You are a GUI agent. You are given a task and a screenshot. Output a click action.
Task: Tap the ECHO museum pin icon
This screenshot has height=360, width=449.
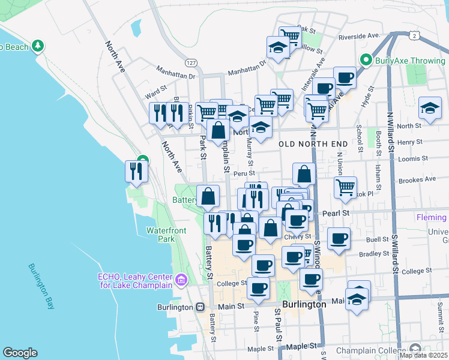pos(181,280)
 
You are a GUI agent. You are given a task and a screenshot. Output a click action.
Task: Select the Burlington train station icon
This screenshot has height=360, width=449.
pos(200,307)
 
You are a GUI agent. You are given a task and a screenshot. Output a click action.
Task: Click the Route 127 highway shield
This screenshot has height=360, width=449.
pos(191,62)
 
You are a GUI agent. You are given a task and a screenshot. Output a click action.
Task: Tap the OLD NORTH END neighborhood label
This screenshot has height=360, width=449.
pos(313,144)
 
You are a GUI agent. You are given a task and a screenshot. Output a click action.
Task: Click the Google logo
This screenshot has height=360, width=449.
pos(20,353)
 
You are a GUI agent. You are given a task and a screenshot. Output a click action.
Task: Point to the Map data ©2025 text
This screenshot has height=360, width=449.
pos(423,355)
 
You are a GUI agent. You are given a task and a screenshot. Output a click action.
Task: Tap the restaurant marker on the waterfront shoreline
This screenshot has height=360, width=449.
pos(136,171)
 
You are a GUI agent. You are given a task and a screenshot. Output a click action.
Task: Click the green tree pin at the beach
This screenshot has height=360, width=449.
pos(38,46)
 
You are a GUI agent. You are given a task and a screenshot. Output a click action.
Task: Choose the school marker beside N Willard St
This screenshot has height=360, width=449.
pos(430,108)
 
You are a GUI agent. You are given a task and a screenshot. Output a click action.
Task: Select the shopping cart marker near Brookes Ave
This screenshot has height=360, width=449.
pos(346,187)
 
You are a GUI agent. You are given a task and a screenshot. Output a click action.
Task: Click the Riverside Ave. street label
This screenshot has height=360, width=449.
pos(360,36)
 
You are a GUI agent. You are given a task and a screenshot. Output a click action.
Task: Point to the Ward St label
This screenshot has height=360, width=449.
pos(155,95)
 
